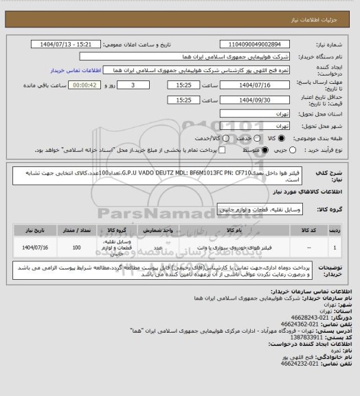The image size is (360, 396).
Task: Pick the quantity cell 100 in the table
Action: pyautogui.click(x=76, y=246)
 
